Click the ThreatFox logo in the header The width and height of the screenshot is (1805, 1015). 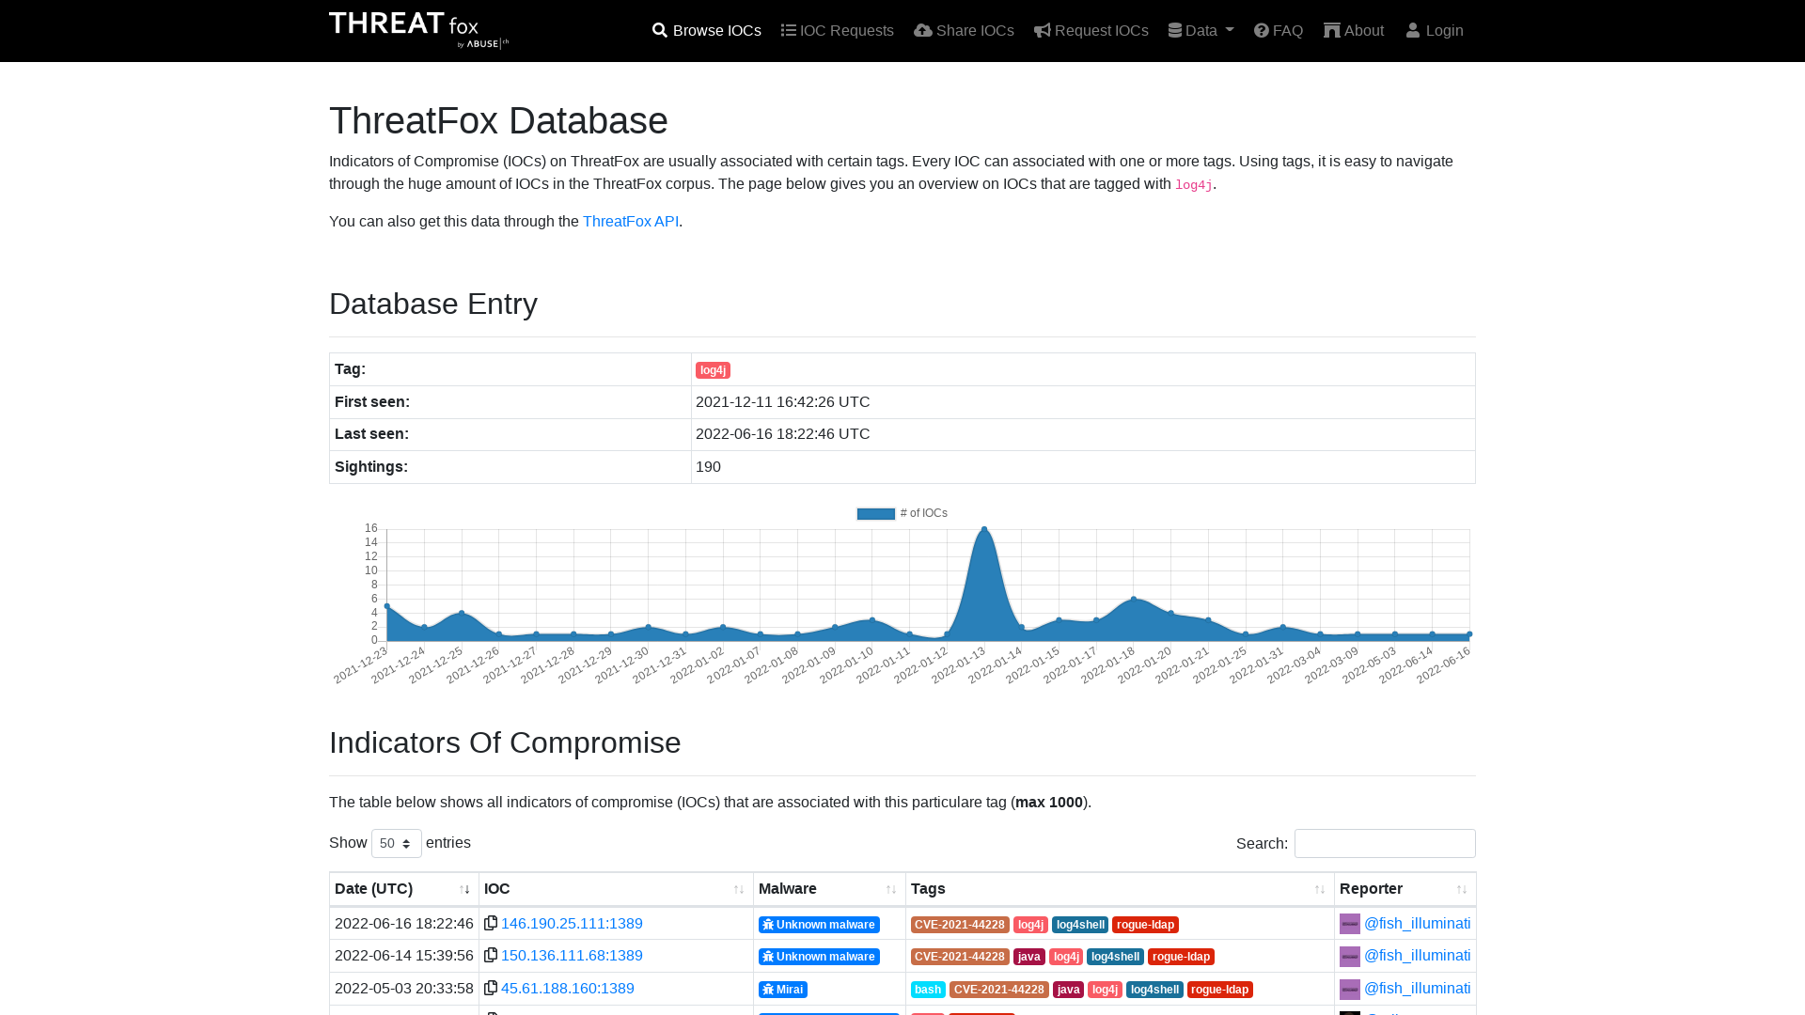419,30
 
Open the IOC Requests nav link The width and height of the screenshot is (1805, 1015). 838,31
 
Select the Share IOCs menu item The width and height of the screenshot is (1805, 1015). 964,31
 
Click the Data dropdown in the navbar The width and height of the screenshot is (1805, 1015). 1201,31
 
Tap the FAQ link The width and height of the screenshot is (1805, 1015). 1279,31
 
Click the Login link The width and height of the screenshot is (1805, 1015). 1435,31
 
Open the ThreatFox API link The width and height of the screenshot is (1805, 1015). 631,222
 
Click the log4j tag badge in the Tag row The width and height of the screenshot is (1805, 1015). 713,370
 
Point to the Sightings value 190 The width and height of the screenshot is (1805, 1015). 708,467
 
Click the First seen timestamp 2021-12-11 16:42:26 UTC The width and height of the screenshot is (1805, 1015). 783,402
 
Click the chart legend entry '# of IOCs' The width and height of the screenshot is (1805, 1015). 902,513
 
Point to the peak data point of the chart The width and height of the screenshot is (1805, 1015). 984,529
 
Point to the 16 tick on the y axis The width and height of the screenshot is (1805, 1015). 371,528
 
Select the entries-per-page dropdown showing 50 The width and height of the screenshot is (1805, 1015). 397,843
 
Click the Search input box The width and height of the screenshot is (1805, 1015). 1385,843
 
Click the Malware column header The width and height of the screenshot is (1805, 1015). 788,889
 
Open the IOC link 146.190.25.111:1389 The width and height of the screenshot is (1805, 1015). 572,924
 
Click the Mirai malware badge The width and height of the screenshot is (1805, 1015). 783,990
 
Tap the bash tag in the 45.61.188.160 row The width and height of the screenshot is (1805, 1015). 928,990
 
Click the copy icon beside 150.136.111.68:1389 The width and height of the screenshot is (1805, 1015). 491,956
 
